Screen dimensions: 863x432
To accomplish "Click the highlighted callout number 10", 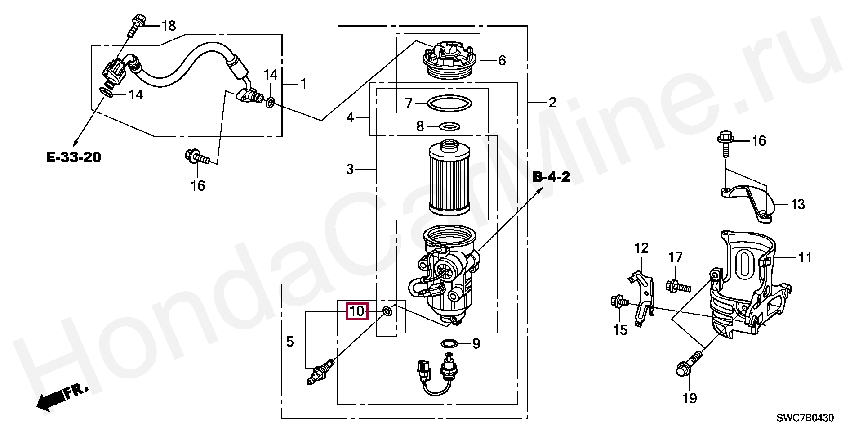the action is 356,311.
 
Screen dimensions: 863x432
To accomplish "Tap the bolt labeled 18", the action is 136,25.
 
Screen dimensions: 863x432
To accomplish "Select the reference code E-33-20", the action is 74,157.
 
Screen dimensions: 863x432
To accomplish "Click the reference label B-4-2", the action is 552,177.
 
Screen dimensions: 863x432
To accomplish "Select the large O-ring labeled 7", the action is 449,103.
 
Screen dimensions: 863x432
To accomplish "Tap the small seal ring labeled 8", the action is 449,126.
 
